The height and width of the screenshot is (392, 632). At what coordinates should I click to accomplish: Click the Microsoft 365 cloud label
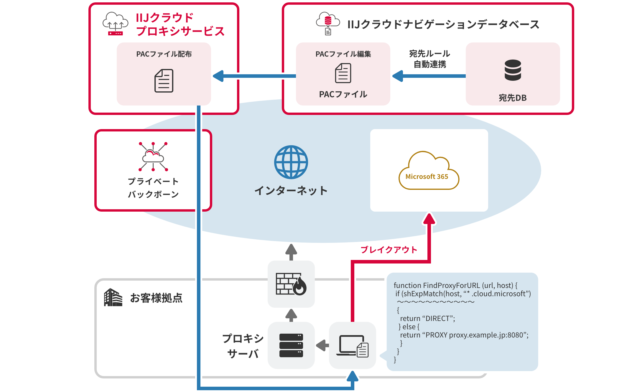point(427,177)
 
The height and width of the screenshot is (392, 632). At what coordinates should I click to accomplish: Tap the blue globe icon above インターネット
point(291,162)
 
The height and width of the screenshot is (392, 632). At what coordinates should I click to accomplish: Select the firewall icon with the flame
point(291,284)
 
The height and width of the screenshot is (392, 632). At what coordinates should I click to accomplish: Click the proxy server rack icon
point(291,345)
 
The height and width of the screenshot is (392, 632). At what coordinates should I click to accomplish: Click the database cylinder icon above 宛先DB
point(513,70)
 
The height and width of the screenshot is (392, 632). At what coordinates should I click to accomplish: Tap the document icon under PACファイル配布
point(164,81)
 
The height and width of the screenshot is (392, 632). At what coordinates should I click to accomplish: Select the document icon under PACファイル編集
point(343,73)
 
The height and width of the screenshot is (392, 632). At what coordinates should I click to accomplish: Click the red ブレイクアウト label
point(389,250)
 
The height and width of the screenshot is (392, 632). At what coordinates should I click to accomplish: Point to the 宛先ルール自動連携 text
point(429,59)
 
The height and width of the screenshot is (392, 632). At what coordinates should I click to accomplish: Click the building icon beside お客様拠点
point(113,297)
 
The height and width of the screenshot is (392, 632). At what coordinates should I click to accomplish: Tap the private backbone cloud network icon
point(153,157)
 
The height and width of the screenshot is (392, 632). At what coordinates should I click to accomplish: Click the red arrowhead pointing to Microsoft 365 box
point(429,219)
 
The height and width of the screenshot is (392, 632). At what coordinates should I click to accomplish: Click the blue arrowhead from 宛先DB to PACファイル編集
point(398,76)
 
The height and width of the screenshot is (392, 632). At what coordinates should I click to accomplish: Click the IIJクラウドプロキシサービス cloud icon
point(115,24)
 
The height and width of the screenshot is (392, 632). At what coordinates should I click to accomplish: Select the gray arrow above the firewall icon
point(291,251)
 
